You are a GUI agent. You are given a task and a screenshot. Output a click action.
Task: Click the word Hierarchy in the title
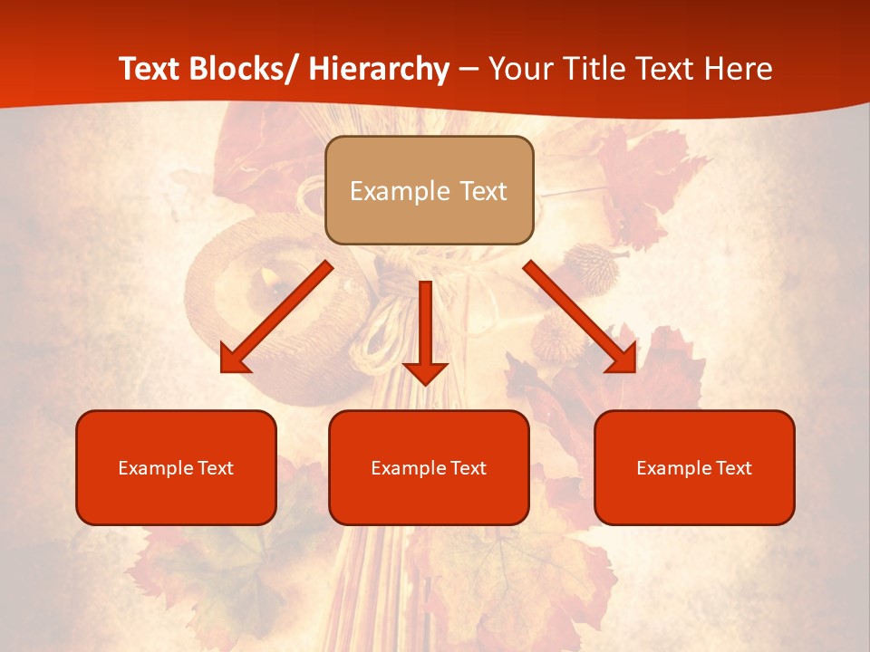[x=379, y=69]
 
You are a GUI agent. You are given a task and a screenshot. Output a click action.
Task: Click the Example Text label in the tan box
[x=429, y=191]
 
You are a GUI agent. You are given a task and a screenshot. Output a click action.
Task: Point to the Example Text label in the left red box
[x=176, y=468]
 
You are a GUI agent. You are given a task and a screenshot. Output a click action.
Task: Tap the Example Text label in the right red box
[x=694, y=468]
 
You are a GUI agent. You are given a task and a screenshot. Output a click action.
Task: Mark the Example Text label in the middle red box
[x=429, y=468]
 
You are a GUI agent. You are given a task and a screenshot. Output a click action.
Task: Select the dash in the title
[x=469, y=70]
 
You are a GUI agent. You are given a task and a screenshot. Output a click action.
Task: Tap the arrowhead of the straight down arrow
[x=425, y=372]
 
